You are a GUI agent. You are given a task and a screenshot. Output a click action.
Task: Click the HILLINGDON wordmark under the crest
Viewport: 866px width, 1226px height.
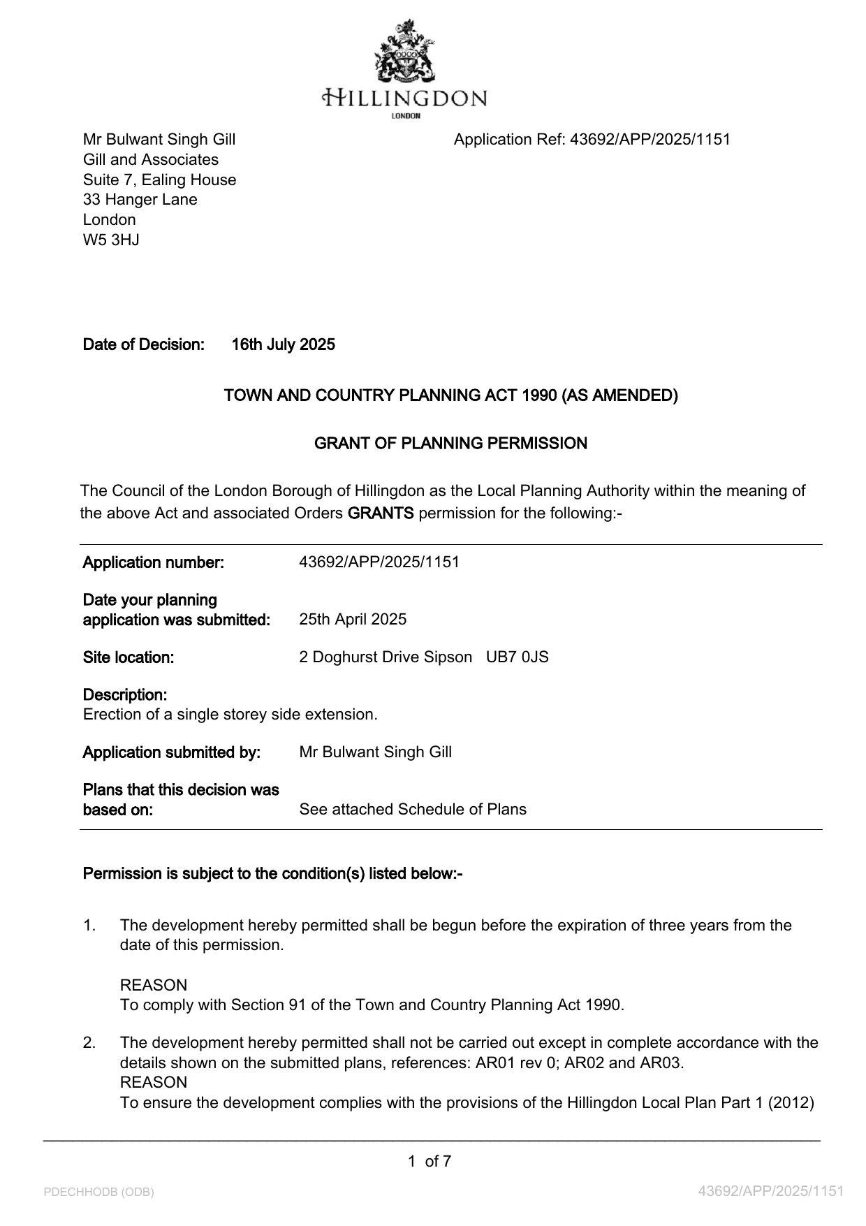point(405,98)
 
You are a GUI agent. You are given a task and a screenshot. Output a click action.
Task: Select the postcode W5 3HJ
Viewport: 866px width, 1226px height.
point(111,240)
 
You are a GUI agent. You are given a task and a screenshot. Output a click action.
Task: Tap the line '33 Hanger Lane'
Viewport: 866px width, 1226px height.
point(140,200)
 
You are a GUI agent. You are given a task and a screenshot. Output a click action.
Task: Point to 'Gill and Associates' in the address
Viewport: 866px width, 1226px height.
point(150,159)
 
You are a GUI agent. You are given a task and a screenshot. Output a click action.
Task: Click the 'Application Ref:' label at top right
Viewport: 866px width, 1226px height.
point(509,140)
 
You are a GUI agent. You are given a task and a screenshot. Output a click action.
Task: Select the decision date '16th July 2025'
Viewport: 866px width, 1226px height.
point(283,344)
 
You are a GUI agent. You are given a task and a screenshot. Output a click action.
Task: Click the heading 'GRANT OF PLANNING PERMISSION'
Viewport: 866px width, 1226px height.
point(450,444)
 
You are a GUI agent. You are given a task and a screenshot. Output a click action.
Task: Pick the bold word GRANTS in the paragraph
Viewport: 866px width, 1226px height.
point(381,513)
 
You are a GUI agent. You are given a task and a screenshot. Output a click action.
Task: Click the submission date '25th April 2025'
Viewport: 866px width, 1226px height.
point(352,620)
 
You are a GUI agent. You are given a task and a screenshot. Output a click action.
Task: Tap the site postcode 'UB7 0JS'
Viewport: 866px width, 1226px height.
point(517,657)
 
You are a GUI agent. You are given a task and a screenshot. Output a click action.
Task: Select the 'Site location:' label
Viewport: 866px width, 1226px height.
point(128,657)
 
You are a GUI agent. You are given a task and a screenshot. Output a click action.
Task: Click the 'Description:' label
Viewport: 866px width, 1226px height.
point(124,695)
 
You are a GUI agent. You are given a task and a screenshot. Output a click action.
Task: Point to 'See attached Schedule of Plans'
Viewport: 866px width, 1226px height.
point(412,810)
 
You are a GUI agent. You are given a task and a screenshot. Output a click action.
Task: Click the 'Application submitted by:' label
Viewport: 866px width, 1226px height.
point(171,752)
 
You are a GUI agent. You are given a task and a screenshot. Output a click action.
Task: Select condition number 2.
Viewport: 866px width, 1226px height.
point(89,1043)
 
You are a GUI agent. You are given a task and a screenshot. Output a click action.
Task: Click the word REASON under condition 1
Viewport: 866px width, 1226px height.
point(153,986)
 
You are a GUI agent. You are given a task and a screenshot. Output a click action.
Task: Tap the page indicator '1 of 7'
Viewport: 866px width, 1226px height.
point(430,1162)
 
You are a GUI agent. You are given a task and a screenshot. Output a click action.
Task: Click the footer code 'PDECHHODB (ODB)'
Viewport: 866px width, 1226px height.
point(98,1192)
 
